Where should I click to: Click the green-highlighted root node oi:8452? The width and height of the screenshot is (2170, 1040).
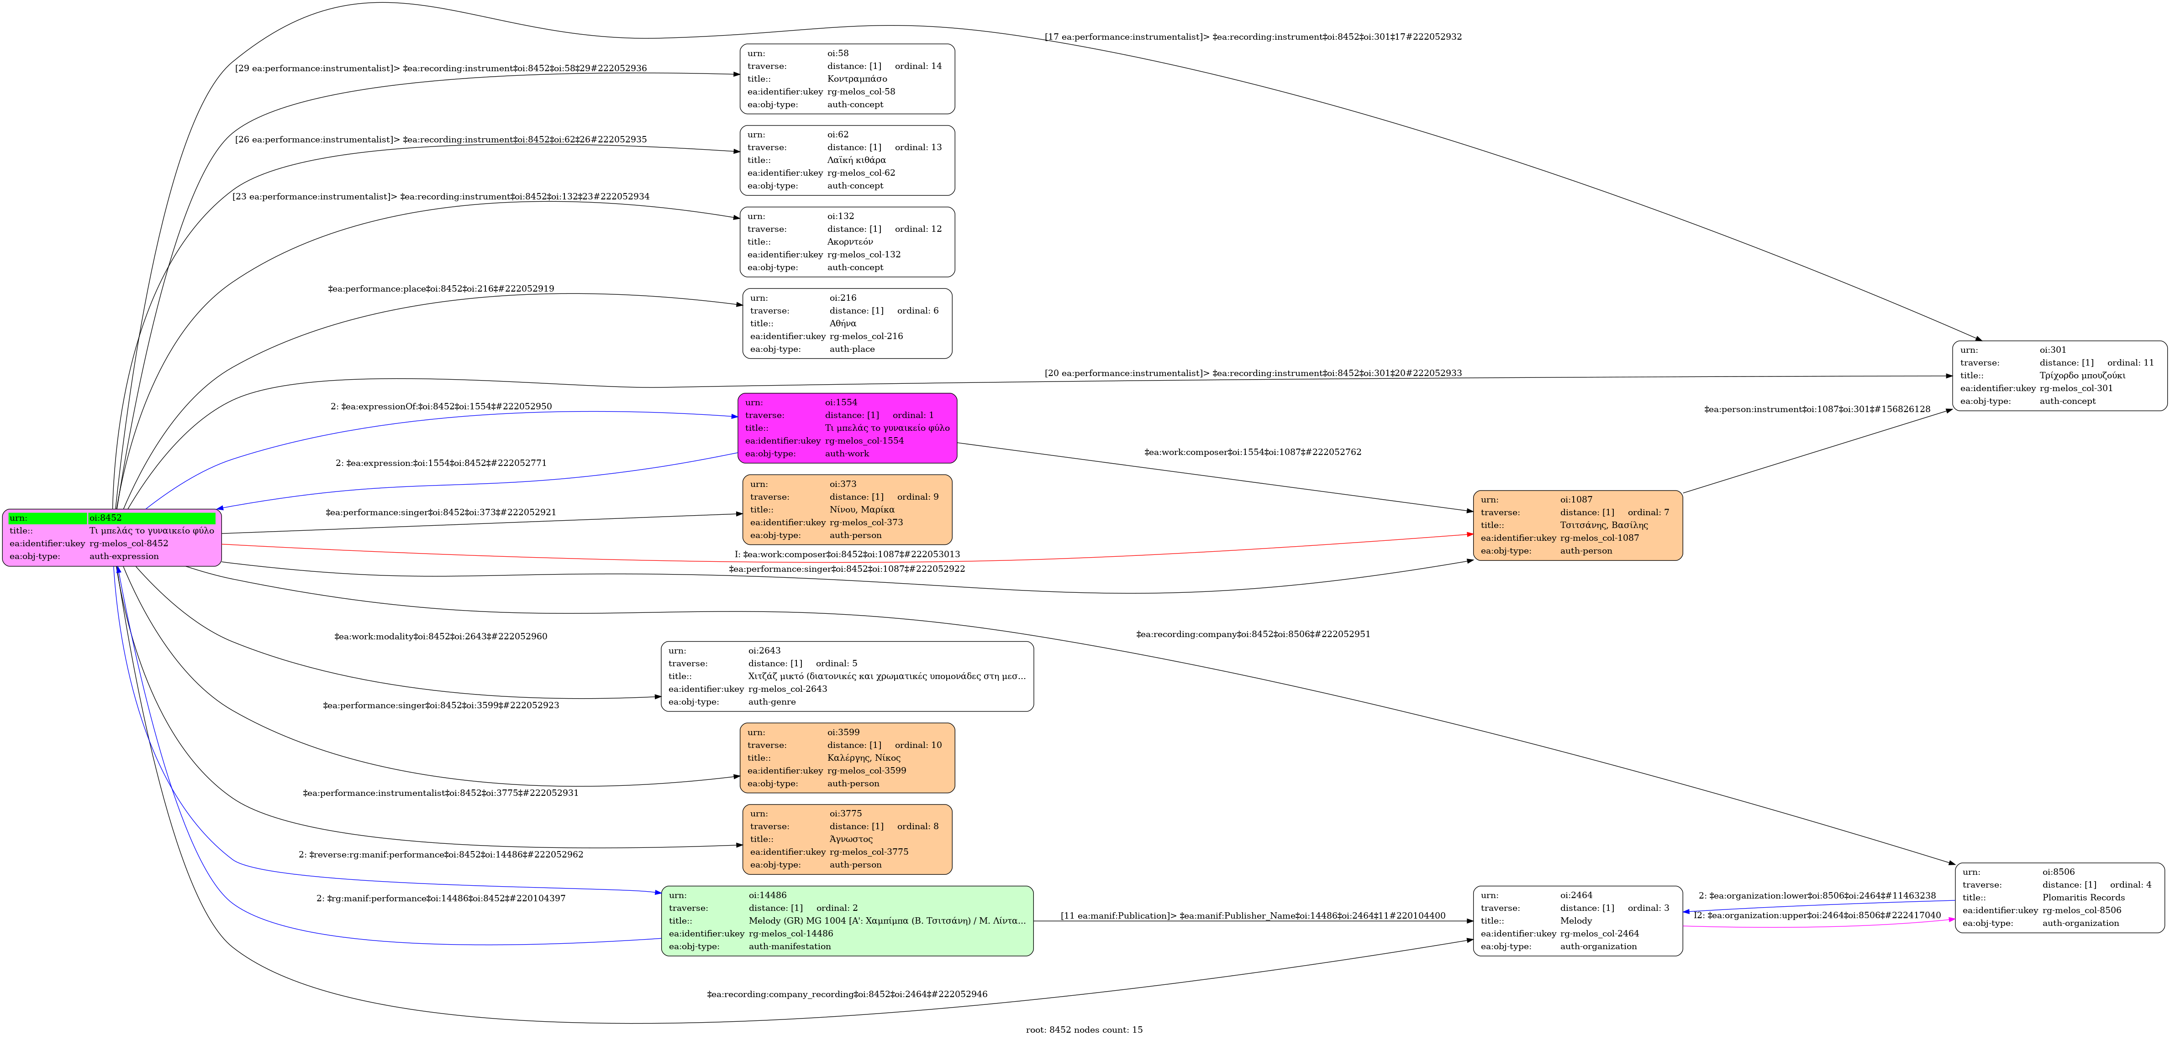112,537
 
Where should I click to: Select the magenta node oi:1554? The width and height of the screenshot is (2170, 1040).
848,428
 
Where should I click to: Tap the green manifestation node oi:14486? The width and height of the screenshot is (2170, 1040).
848,920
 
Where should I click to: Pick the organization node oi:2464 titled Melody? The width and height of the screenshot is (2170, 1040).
1578,920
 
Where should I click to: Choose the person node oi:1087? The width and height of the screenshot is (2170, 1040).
1578,525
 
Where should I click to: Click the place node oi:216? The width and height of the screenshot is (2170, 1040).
848,324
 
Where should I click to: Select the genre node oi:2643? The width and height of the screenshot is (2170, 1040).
848,676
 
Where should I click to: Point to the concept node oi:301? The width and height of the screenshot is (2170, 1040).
2059,376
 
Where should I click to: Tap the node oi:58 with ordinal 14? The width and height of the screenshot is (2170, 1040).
848,79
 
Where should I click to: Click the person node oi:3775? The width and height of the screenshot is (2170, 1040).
848,839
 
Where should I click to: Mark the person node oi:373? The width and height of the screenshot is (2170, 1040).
848,509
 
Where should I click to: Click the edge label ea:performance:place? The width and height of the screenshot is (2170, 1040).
441,289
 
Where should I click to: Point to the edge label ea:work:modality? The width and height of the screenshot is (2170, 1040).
441,637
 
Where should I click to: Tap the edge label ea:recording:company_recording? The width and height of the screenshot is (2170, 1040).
847,994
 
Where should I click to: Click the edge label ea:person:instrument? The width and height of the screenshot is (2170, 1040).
1817,409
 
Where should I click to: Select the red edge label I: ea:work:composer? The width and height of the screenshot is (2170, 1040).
847,554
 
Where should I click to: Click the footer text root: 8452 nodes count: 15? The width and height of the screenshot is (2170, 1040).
1084,1030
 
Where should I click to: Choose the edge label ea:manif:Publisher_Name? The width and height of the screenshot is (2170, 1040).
1253,915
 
